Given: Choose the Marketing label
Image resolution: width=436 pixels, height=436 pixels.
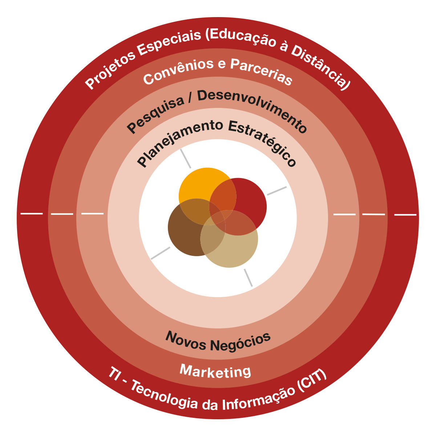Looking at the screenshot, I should pyautogui.click(x=215, y=371).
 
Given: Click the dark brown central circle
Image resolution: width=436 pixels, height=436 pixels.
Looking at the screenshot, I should pyautogui.click(x=183, y=236).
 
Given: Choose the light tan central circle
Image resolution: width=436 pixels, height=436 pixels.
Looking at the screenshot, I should pyautogui.click(x=236, y=251).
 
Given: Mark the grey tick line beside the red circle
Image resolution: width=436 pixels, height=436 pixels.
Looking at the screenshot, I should pyautogui.click(x=277, y=191).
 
